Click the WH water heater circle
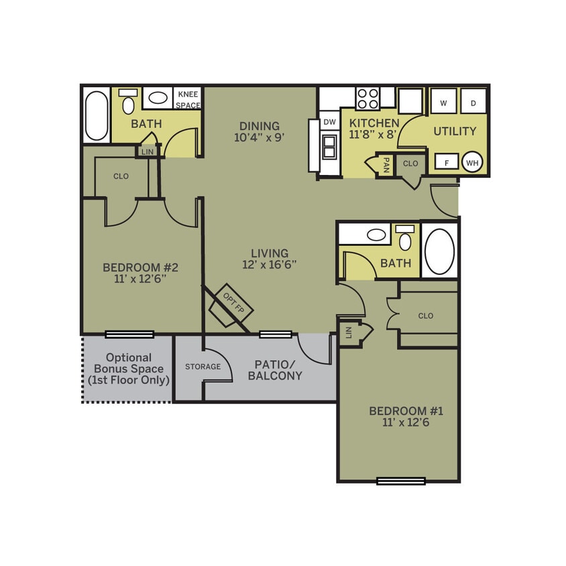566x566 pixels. tap(472, 162)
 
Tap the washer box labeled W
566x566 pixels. tap(443, 103)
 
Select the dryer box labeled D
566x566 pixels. tap(473, 103)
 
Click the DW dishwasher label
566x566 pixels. tap(329, 122)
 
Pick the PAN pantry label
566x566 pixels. tap(386, 164)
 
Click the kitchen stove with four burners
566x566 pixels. tap(367, 99)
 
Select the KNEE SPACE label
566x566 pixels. tap(187, 100)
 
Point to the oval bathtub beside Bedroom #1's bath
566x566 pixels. tap(439, 251)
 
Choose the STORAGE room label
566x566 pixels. tap(203, 367)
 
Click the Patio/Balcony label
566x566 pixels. tap(275, 370)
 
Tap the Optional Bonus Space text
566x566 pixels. tap(128, 369)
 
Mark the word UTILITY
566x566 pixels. tap(455, 131)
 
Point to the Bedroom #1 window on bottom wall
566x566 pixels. tap(400, 480)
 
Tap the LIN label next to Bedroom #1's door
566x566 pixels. tap(348, 332)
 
